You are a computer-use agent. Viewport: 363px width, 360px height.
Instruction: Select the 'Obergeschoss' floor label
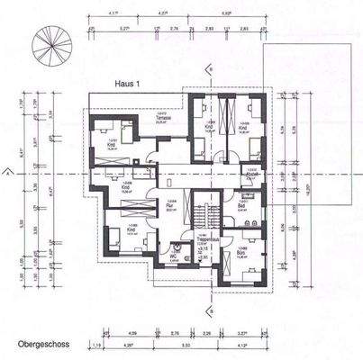[39, 345]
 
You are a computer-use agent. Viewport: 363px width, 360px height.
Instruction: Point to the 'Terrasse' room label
[163, 118]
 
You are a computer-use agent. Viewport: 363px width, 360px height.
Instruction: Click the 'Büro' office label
[241, 253]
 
